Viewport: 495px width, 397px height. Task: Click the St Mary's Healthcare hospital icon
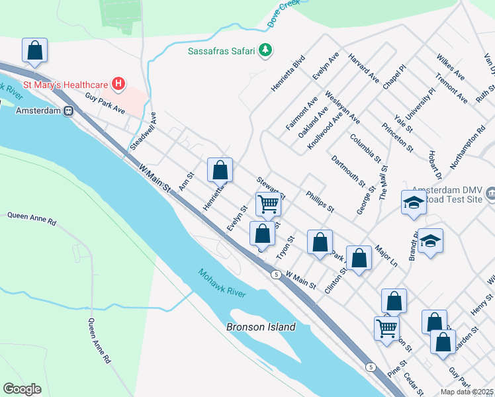118,84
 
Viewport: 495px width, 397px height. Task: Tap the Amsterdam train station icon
68,111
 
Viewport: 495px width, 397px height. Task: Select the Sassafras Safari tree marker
265,50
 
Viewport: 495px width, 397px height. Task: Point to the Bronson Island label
261,327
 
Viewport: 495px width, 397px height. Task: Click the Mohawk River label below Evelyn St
222,283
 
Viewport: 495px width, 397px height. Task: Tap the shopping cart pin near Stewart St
268,204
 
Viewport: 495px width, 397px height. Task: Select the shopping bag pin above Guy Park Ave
34,50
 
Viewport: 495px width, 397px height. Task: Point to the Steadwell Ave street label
143,130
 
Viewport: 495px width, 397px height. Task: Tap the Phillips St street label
320,202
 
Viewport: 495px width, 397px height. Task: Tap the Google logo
23,389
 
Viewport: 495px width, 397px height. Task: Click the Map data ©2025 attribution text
467,392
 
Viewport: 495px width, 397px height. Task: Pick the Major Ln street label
384,257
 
